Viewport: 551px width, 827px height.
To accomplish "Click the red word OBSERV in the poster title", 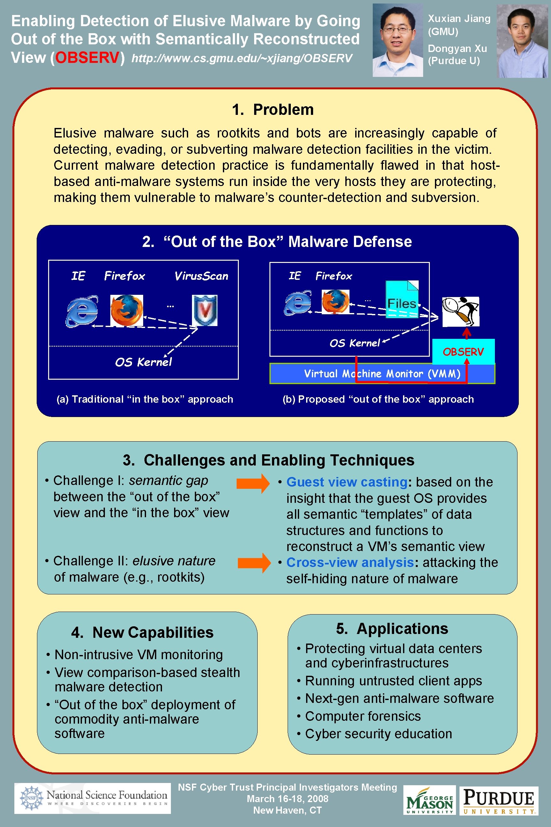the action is coord(87,58).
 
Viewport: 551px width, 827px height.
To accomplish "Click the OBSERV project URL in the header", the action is coord(241,58).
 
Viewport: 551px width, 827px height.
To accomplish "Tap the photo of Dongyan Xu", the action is coord(522,41).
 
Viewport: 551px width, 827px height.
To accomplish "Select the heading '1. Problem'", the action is coord(273,110).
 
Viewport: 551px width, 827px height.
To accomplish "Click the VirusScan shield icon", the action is coord(204,310).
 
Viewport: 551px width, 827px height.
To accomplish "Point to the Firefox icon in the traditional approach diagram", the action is coord(127,310).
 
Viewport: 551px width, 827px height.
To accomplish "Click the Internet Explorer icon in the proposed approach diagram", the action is coord(298,303).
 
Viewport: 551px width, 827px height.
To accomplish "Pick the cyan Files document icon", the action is coord(402,299).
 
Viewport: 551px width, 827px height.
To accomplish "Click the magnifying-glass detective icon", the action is coord(460,311).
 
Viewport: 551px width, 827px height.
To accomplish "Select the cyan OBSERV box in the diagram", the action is coord(463,352).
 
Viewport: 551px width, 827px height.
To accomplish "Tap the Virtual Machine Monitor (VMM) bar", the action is coord(382,373).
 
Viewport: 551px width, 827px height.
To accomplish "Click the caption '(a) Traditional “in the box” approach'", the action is coord(145,399).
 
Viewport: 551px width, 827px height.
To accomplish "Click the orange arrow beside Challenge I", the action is coord(253,483).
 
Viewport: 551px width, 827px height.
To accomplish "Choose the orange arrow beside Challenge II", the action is coord(254,563).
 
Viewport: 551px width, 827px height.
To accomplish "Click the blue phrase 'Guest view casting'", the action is coord(347,482).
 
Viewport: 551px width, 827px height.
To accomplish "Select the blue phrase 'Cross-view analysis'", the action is coord(350,563).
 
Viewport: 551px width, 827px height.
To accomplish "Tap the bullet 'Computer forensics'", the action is coord(363,716).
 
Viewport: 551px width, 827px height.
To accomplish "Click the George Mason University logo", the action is coord(430,800).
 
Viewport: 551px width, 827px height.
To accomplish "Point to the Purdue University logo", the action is coord(499,800).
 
